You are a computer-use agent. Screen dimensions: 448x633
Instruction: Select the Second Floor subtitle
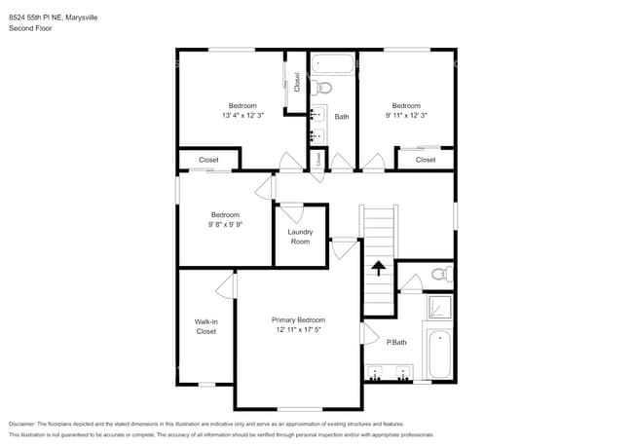(x=30, y=28)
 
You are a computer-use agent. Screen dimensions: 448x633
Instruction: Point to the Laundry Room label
(x=300, y=236)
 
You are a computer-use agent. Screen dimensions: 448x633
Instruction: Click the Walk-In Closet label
(x=205, y=326)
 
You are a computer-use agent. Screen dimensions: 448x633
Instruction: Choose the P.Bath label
(x=396, y=341)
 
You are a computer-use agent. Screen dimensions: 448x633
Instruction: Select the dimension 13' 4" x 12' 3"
(x=242, y=115)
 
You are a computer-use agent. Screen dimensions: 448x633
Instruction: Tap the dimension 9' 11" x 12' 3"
(x=406, y=115)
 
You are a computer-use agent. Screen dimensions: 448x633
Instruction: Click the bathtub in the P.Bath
(x=440, y=355)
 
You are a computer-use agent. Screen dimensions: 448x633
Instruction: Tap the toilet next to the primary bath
(x=440, y=273)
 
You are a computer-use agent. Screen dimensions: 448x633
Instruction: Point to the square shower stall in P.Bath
(x=439, y=308)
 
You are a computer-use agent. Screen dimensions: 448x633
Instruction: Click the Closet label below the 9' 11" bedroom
(x=426, y=160)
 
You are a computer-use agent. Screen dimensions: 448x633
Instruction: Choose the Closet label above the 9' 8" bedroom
(x=208, y=160)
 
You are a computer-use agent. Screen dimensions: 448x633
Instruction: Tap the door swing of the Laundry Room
(x=291, y=211)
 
